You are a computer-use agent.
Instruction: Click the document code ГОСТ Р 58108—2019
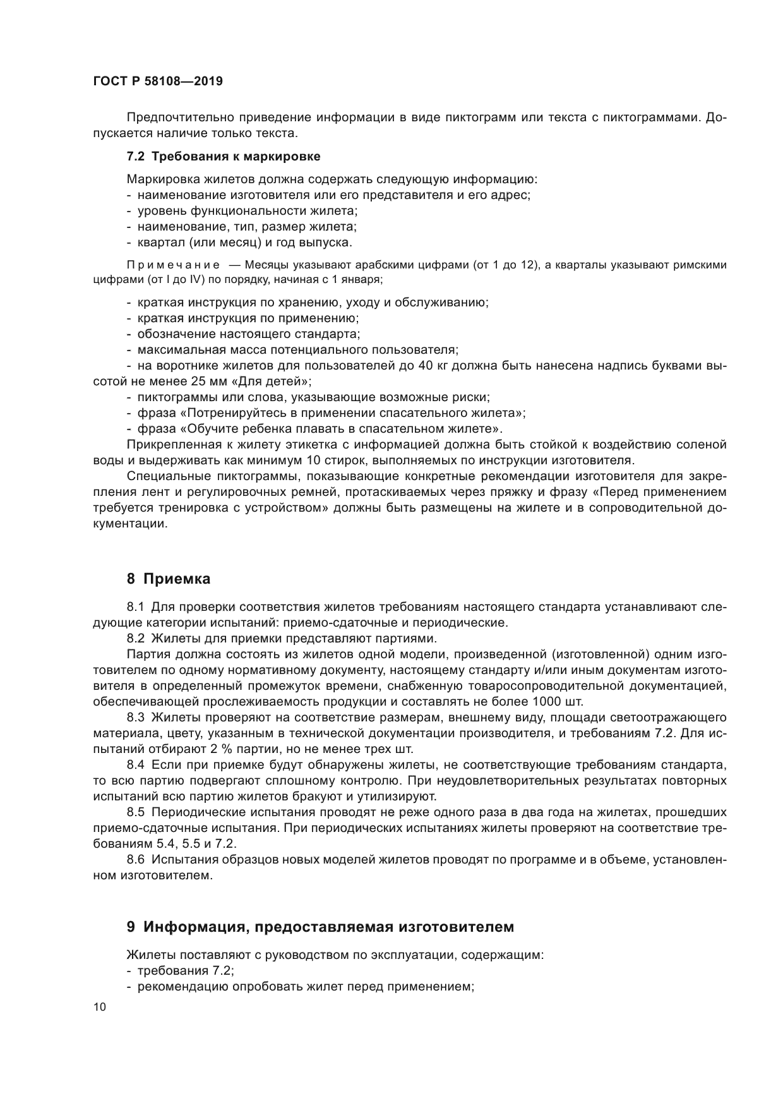(x=158, y=81)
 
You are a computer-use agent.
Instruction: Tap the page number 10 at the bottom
(x=100, y=1008)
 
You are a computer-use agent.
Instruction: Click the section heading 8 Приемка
(x=169, y=578)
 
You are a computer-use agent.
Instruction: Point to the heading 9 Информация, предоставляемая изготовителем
(x=320, y=927)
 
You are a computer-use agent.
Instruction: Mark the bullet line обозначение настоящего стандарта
(x=248, y=334)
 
